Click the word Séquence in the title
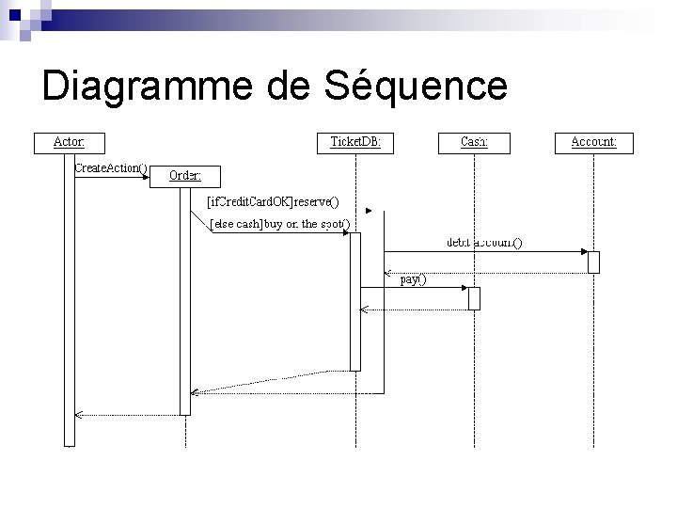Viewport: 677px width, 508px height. [416, 86]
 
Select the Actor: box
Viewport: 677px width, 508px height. [69, 143]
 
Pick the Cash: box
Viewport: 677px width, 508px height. [474, 143]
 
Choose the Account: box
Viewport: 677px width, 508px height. [593, 143]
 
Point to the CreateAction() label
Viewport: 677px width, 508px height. [111, 167]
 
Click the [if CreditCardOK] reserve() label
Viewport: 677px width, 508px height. [273, 201]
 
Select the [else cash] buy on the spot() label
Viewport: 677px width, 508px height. [279, 224]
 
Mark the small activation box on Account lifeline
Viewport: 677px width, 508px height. [593, 262]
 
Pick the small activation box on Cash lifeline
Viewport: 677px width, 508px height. [474, 298]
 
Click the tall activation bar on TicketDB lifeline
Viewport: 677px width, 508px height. [355, 301]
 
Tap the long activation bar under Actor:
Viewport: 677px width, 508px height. [69, 301]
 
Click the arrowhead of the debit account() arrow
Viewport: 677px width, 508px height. [583, 252]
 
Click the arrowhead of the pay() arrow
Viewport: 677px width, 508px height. [464, 288]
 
